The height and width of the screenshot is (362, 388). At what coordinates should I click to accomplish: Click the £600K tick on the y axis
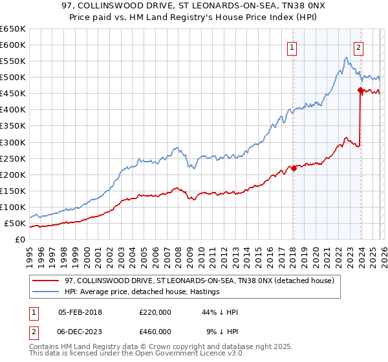[13, 45]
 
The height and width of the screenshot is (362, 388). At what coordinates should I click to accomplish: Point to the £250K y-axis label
[13, 158]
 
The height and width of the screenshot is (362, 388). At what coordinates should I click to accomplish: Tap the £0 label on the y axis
[20, 240]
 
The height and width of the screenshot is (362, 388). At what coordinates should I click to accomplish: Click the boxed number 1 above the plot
[292, 47]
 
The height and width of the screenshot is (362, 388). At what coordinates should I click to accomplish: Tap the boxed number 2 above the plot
[359, 47]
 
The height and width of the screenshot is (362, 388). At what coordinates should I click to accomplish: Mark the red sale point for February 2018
[294, 168]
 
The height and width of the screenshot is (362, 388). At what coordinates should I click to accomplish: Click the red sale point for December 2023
[360, 90]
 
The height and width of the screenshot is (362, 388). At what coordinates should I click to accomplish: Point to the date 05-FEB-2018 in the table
[80, 312]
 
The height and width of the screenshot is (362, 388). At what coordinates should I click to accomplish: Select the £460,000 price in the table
[155, 331]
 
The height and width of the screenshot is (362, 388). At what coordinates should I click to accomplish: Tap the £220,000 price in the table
[155, 312]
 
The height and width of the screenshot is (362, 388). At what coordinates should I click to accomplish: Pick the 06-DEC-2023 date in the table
[80, 331]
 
